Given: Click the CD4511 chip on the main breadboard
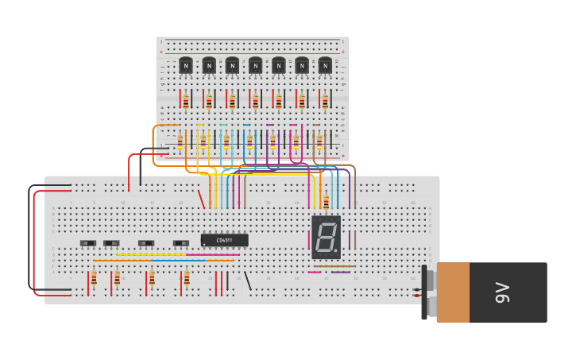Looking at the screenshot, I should click(224, 240).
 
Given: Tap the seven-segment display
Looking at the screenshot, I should click(326, 237).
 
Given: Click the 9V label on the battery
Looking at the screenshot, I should click(502, 292).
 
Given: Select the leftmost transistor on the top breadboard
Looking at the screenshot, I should click(186, 66).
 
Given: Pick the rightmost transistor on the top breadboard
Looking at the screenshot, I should click(325, 66).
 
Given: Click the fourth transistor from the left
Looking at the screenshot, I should click(255, 66).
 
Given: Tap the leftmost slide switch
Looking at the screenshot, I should click(88, 243).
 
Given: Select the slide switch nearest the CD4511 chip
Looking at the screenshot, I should click(181, 243).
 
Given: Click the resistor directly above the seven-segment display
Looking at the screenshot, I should click(326, 201).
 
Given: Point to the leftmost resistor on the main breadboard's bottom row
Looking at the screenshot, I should click(94, 277).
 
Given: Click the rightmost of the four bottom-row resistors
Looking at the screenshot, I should click(187, 277).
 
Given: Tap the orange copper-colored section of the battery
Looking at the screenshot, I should click(453, 292).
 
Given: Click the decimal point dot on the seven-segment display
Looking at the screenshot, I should click(336, 251).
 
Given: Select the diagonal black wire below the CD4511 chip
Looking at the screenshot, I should click(247, 281).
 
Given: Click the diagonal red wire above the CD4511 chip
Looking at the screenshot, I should click(201, 199).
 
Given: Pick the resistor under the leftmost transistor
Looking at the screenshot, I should click(186, 101).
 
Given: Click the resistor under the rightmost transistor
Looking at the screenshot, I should click(325, 101).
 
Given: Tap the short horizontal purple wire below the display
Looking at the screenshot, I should click(341, 272).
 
